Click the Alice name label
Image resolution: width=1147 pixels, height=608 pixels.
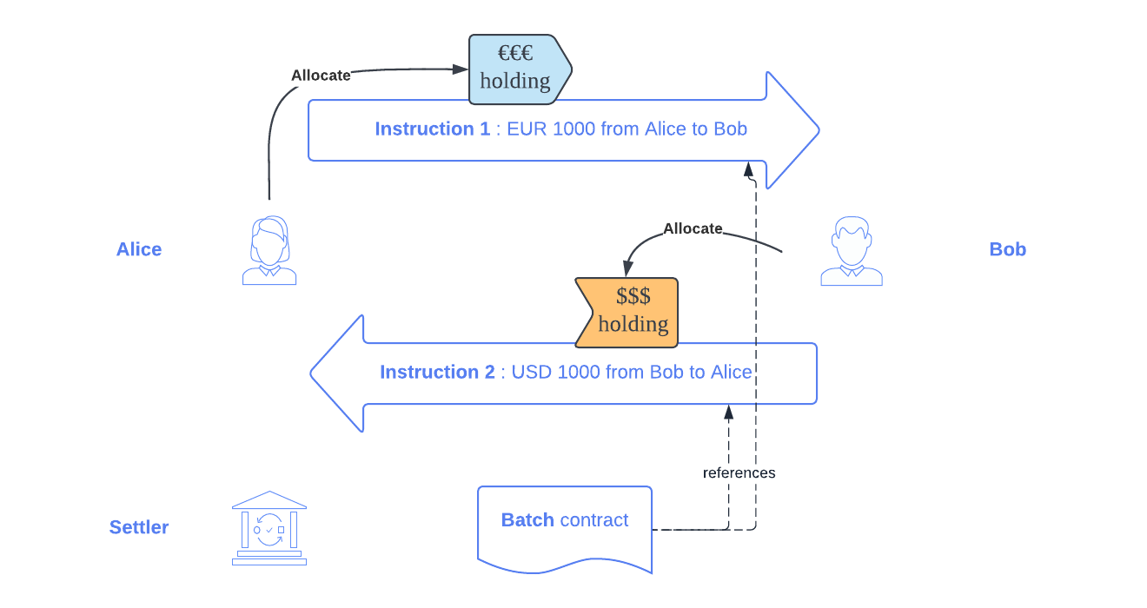(139, 249)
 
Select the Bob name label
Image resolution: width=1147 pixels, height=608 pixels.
(1007, 249)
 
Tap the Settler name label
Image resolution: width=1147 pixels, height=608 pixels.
(139, 527)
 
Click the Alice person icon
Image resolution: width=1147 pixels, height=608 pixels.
(269, 251)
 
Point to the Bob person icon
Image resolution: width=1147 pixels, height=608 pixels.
(852, 251)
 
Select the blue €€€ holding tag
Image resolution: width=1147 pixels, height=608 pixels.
(518, 69)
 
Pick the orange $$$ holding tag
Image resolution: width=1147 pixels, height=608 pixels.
(627, 312)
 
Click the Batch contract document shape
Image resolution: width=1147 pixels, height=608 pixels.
(565, 526)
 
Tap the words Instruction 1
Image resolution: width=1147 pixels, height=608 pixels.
(432, 129)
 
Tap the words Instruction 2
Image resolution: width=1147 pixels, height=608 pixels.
(437, 373)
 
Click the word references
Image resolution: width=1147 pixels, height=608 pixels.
(739, 473)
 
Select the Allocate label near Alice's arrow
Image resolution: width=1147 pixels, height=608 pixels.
(321, 76)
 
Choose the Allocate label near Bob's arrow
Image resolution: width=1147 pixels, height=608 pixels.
(693, 228)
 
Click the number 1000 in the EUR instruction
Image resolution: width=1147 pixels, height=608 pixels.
(574, 129)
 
